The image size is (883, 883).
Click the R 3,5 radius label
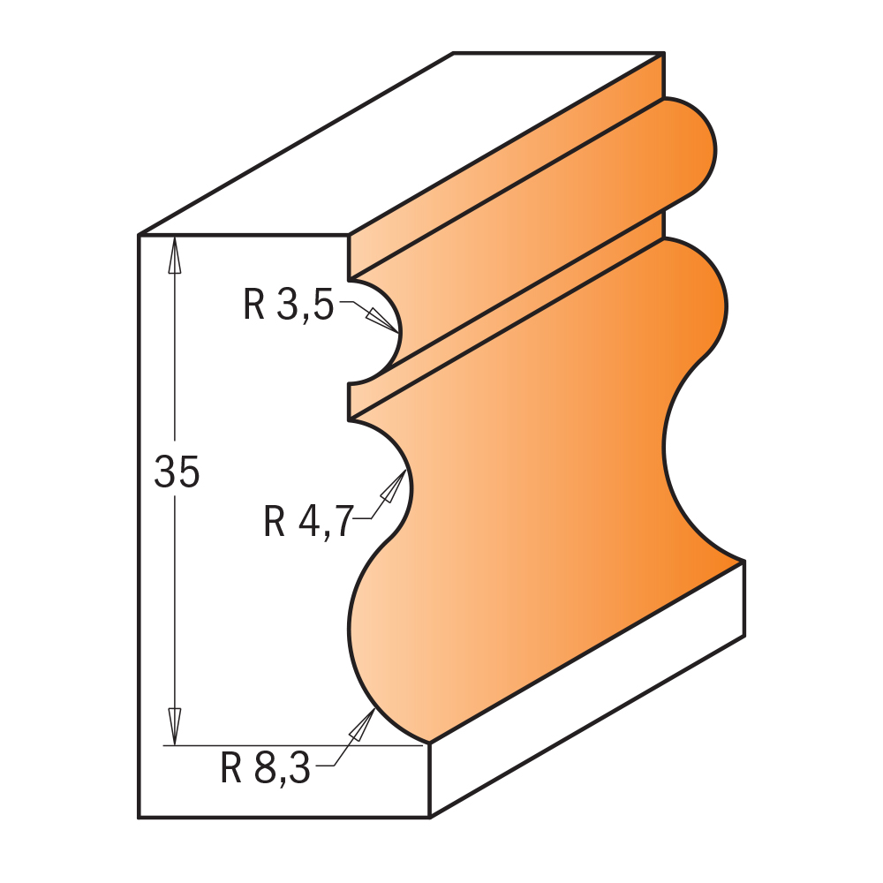[x=288, y=306]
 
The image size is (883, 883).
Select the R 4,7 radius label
[x=306, y=521]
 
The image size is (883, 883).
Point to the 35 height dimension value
[x=177, y=473]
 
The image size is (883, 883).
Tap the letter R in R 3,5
[x=254, y=306]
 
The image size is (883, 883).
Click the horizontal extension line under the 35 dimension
[x=291, y=746]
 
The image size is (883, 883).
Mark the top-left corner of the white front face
[x=140, y=235]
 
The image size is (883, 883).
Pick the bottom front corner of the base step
[x=429, y=817]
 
